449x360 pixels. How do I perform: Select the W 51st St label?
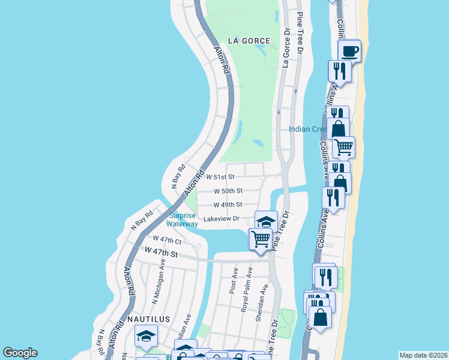[x=220, y=177]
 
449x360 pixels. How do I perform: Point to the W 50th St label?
[x=228, y=191]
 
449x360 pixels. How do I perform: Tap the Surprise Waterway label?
[x=182, y=220]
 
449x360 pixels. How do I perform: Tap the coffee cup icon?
[x=349, y=50]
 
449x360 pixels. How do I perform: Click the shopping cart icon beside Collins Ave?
[x=343, y=146]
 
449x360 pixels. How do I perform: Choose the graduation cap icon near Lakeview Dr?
[x=266, y=221]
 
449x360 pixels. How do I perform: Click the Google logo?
[x=20, y=353]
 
